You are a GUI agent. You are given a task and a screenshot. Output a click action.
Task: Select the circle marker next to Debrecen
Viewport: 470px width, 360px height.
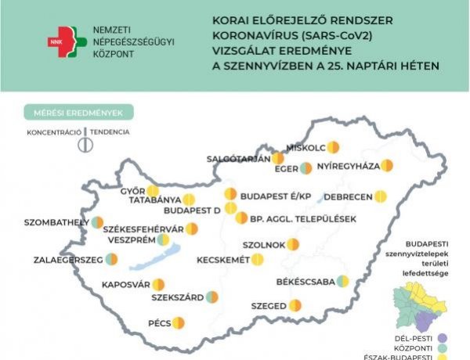[x=381, y=196]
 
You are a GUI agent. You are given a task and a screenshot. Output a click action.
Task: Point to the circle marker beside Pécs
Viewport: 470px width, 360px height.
[x=178, y=322]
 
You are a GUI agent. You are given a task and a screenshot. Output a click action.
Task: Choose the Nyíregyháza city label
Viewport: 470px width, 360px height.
[x=349, y=166]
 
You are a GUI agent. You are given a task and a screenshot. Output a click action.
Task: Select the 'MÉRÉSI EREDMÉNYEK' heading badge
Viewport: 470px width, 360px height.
[x=78, y=113]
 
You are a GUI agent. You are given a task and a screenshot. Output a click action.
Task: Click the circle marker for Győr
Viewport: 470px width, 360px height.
[x=153, y=191]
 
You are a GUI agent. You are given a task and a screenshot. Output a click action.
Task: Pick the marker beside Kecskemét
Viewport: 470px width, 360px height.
[x=256, y=259]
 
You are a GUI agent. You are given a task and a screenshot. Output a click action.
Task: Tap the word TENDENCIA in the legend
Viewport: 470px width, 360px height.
[x=110, y=132]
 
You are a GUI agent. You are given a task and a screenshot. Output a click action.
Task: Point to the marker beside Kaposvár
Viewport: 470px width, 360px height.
[x=158, y=284]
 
